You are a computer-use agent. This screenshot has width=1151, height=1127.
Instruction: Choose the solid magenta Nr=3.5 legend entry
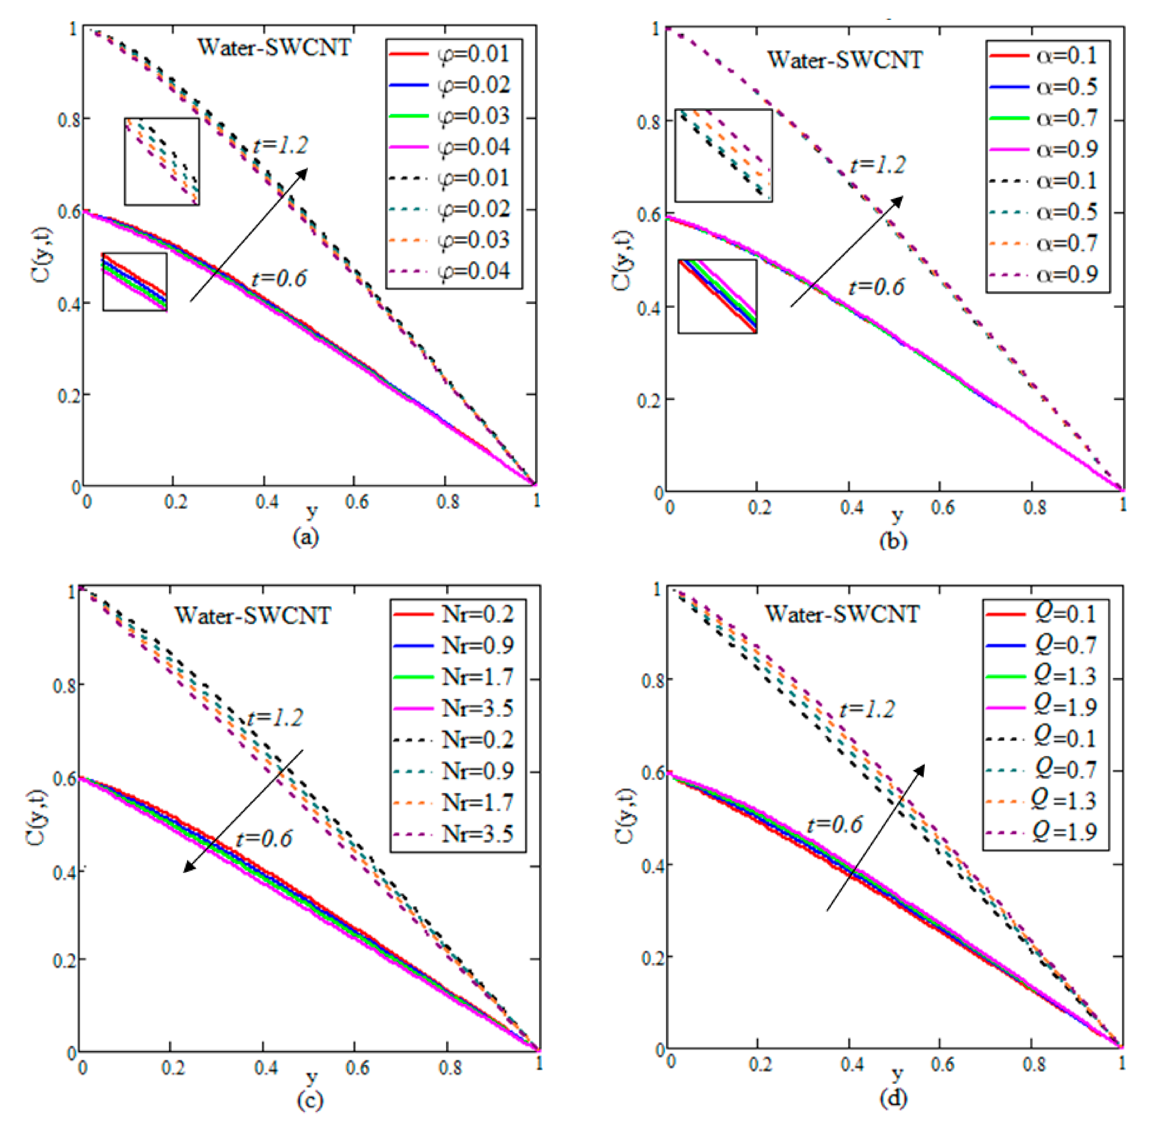tap(453, 708)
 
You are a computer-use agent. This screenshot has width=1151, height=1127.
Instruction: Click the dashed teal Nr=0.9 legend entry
tap(453, 771)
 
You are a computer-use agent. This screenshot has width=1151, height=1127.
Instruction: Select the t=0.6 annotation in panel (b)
tap(876, 287)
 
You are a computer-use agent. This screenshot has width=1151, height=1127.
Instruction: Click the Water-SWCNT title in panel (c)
tap(253, 615)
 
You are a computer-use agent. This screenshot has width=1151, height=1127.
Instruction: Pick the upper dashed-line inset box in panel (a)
tap(162, 162)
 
